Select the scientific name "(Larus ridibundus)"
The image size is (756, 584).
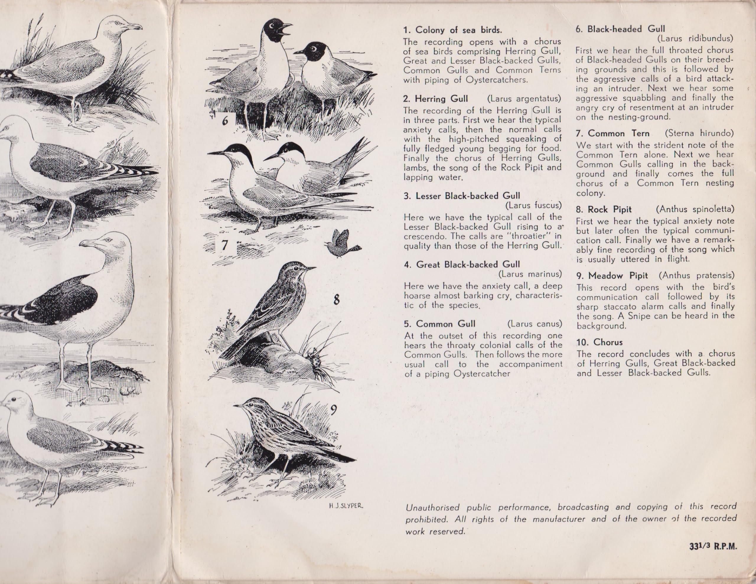coord(695,38)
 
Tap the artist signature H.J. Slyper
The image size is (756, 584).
coord(346,506)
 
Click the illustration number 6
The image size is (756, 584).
coord(225,121)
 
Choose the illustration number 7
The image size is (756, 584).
coord(225,245)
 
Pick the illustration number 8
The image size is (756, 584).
coord(336,299)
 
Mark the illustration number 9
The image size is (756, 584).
coord(333,410)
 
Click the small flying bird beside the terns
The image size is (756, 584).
coord(342,244)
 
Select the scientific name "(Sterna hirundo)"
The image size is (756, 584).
coord(699,133)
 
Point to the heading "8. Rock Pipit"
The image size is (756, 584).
coord(604,209)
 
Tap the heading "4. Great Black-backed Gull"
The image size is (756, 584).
coord(462,265)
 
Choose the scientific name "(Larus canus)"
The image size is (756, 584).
coord(535,324)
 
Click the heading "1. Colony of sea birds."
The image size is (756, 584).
coord(452,30)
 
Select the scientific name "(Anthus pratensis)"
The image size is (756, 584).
coord(696,275)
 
